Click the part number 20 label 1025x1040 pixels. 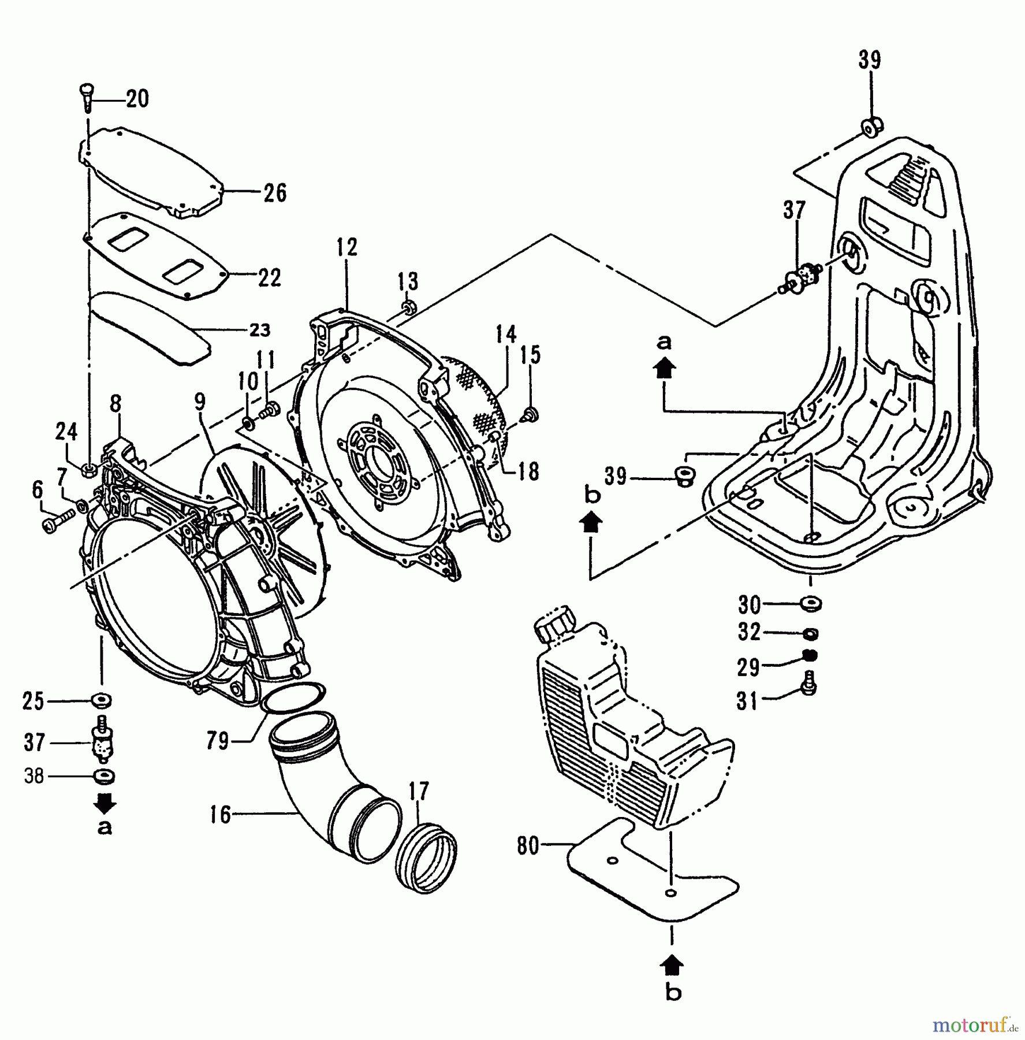click(137, 99)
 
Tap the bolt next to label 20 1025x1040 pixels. click(85, 98)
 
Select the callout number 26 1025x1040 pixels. click(275, 192)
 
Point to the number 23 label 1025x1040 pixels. click(259, 330)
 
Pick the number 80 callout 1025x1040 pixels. click(528, 846)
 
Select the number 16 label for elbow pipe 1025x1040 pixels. click(220, 815)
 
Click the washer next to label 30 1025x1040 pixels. click(811, 604)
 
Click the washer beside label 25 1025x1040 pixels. click(102, 701)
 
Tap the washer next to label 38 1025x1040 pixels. click(103, 776)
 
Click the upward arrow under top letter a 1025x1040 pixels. click(664, 368)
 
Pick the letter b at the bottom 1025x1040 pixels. click(673, 993)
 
